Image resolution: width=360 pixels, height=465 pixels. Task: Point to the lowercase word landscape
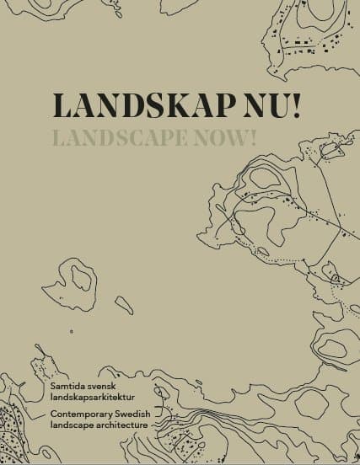click(69, 425)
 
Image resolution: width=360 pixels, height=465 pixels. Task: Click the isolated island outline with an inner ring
click(82, 281)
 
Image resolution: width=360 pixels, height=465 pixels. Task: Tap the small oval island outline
click(124, 304)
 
